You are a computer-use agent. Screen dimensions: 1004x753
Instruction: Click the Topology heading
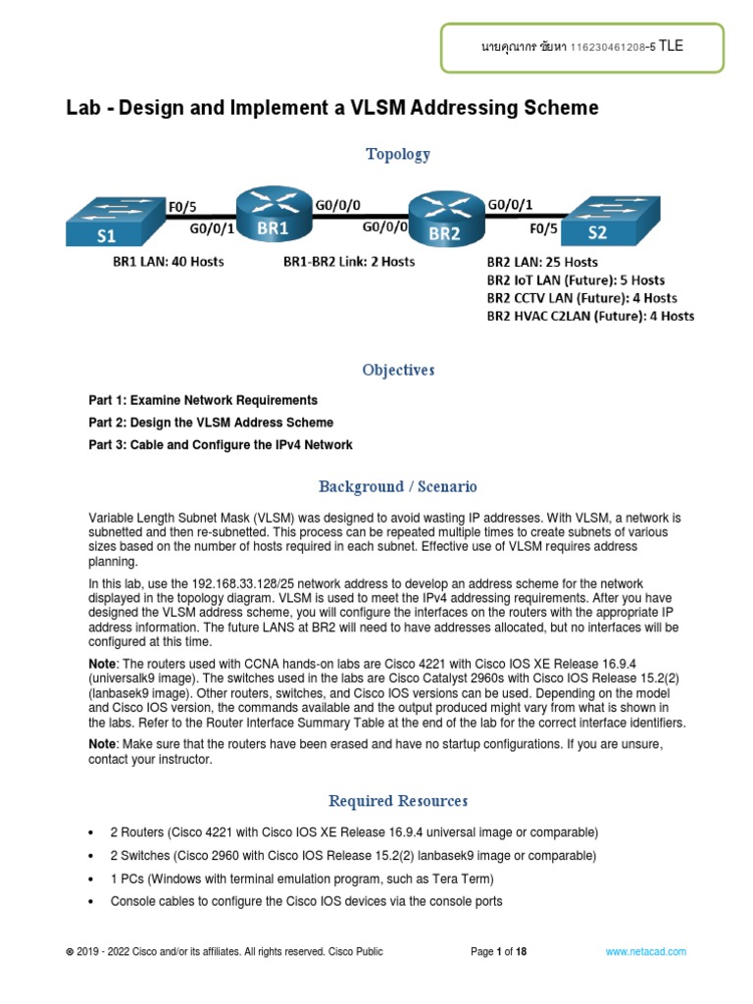point(397,154)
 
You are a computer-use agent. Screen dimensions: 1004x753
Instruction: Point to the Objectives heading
point(397,370)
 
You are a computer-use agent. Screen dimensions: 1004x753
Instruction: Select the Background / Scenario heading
point(397,486)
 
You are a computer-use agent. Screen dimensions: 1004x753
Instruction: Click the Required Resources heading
point(397,801)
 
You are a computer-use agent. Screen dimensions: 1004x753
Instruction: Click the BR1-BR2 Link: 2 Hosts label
point(348,262)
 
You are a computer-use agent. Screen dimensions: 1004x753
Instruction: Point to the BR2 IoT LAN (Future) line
point(576,280)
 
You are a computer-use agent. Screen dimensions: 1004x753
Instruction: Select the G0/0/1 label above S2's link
point(511,205)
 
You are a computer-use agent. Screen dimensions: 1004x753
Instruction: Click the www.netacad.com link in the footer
point(645,952)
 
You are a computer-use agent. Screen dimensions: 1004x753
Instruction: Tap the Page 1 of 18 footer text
point(499,952)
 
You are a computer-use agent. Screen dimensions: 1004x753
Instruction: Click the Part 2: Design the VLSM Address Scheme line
point(211,423)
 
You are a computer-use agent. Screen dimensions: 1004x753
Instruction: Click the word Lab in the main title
point(83,108)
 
